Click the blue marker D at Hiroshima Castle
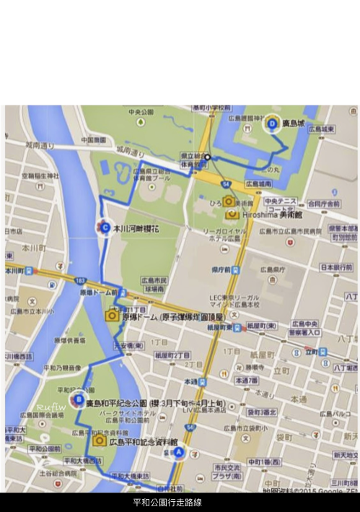click(271, 123)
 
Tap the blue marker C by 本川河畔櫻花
click(106, 227)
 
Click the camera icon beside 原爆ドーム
click(113, 315)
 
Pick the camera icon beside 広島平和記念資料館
click(99, 440)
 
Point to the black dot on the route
click(207, 157)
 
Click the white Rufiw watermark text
click(51, 407)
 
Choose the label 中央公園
click(141, 113)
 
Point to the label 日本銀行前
click(336, 267)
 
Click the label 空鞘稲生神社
click(40, 175)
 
